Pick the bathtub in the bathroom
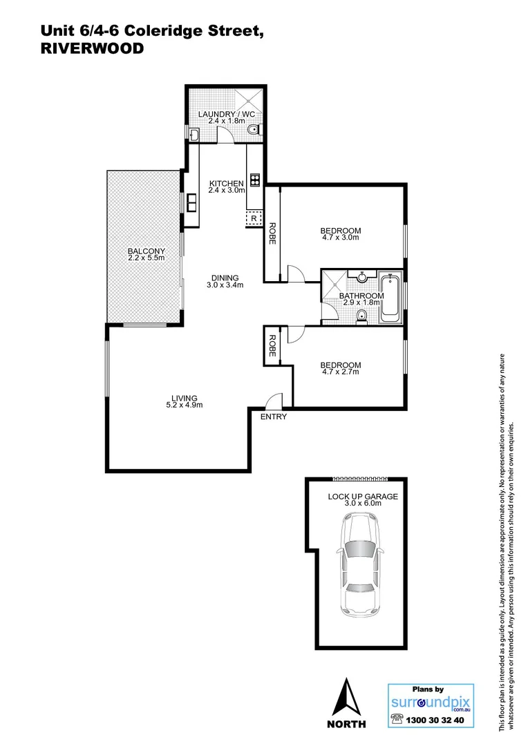click(x=390, y=298)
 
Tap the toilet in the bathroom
click(x=362, y=317)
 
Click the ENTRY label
click(x=273, y=417)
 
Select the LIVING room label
click(x=185, y=398)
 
